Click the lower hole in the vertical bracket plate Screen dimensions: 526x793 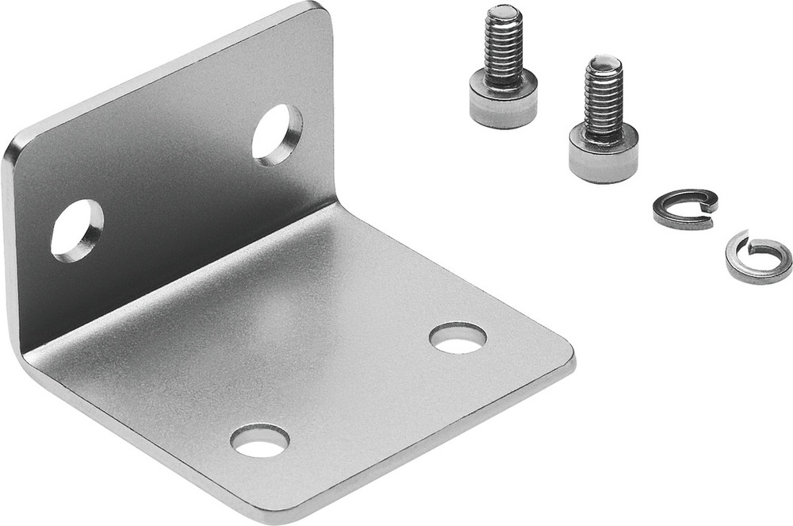pos(77,230)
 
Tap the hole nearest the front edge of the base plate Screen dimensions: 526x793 pos(259,440)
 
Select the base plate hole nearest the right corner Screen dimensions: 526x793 pos(458,338)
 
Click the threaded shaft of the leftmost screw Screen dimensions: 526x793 pos(504,48)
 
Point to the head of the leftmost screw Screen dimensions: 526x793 pos(503,98)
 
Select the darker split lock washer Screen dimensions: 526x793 pos(684,209)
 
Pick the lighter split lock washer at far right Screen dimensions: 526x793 pos(758,257)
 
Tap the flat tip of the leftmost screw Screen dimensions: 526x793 pos(503,13)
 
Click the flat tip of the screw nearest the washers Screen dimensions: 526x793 pos(604,62)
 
